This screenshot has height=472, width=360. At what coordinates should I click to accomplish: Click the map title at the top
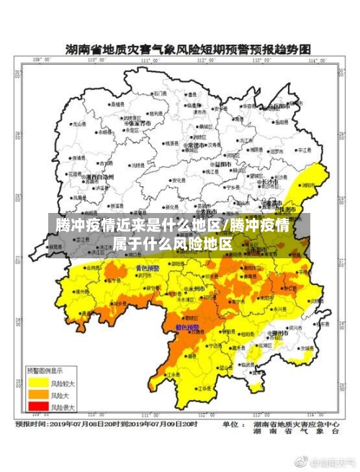(188, 50)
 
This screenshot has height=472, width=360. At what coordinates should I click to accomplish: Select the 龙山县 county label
(77, 125)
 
